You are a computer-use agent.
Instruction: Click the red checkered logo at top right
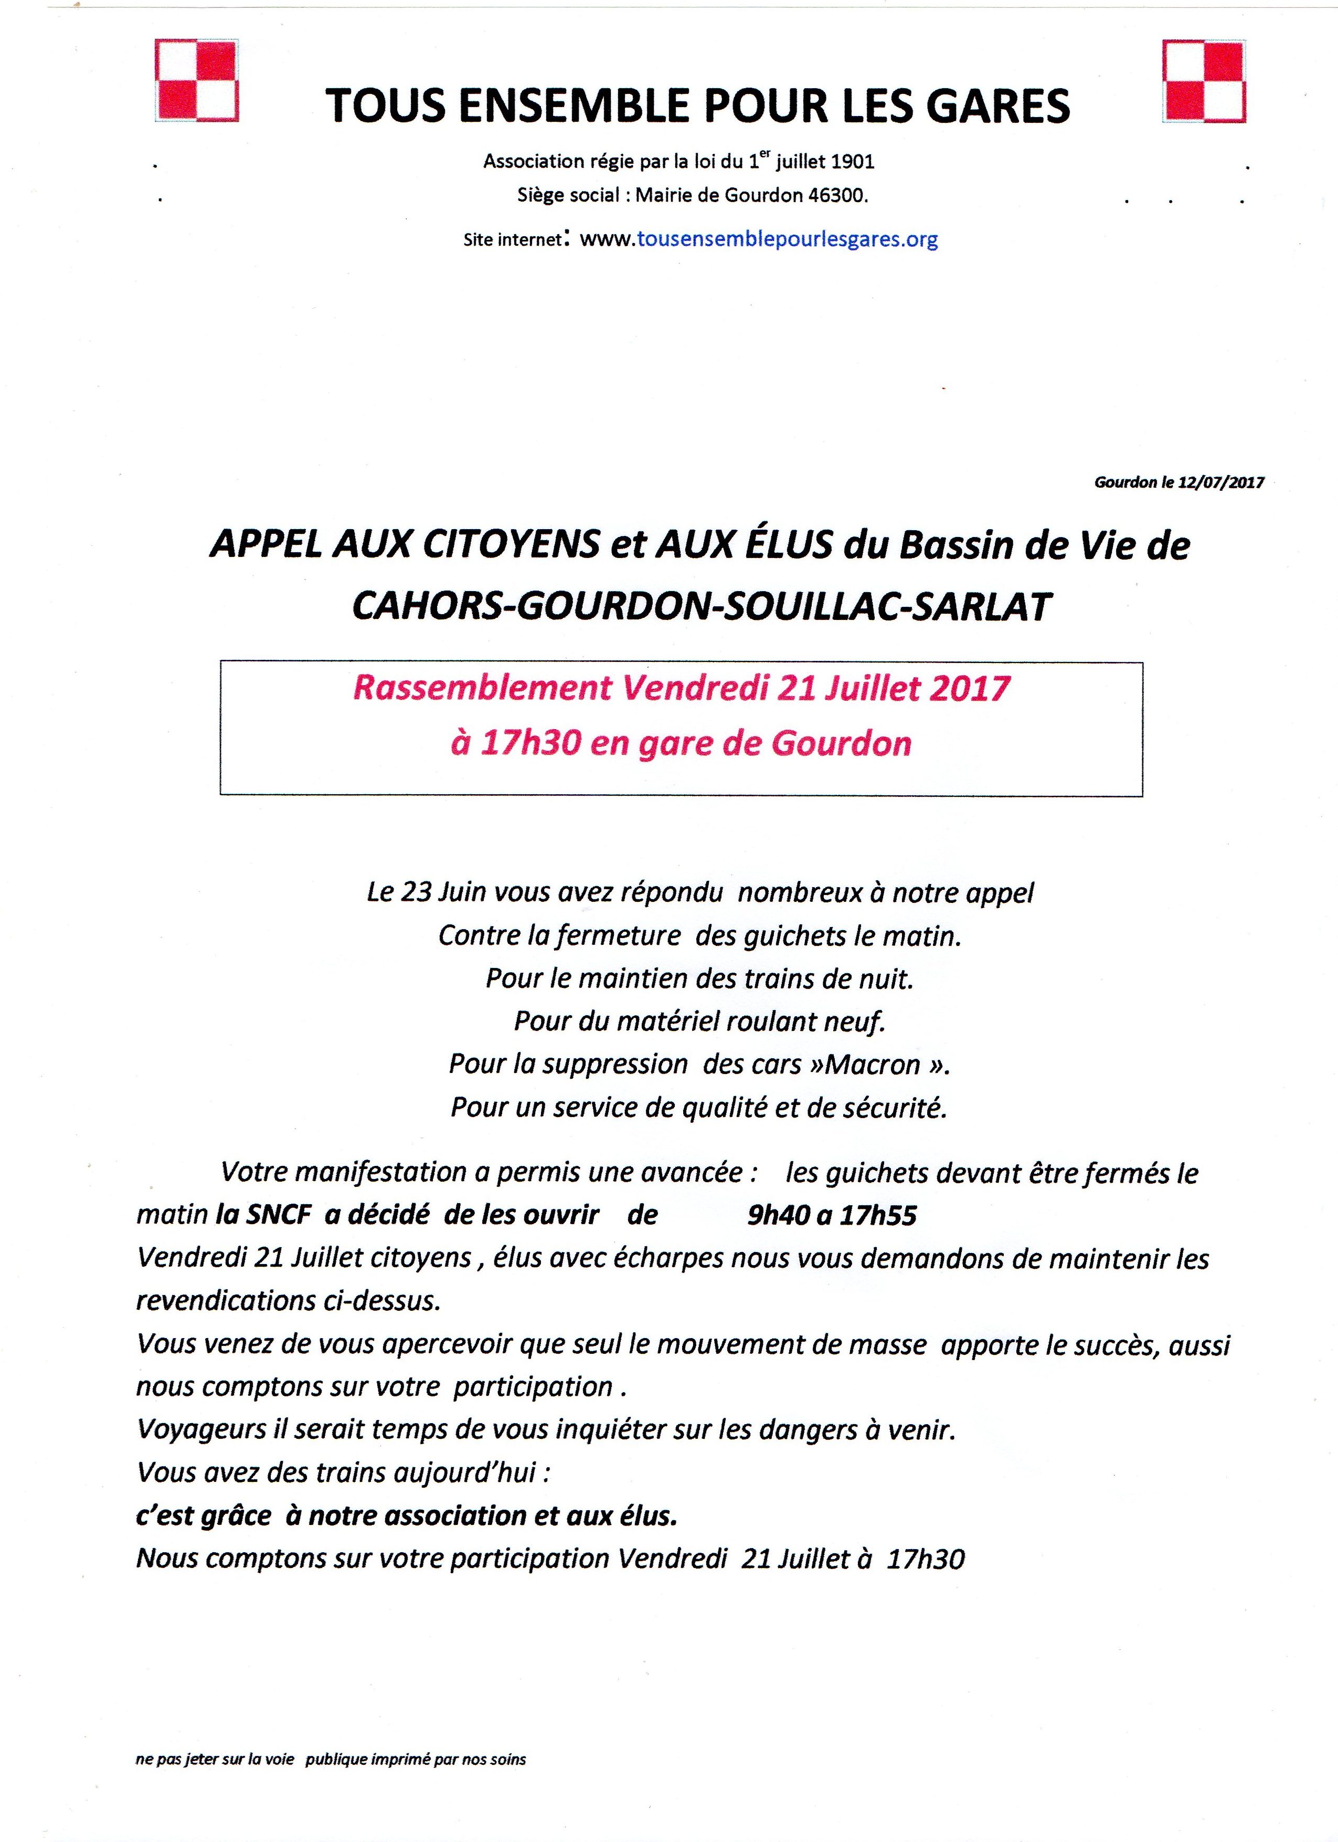(x=1204, y=81)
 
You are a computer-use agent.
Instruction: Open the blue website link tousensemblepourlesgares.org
(x=788, y=239)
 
